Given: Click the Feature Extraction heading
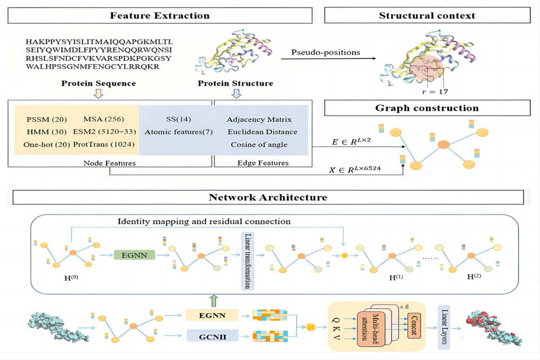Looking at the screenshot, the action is pos(160,16).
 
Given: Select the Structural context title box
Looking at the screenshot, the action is pos(427,16).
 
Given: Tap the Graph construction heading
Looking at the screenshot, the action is pos(427,108).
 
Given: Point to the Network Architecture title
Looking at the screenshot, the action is pos(268,198).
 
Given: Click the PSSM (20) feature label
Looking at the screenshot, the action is pos(46,119).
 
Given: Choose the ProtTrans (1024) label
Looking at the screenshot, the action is pos(104,144).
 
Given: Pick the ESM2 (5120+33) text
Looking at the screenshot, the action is pos(104,132).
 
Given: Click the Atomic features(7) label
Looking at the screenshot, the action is pos(179,132).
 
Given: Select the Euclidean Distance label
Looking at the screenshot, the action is pos(262,132).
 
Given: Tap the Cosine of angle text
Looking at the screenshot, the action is pos(259,144).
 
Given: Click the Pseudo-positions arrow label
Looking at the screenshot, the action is pos(326,53).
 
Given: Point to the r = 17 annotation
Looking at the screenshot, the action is pos(435,91).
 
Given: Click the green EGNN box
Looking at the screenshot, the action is pos(135,255).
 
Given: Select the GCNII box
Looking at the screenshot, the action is pos(213,336).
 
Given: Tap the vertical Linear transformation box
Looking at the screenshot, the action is pos(247,261).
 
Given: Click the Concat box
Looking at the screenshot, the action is pos(414,325).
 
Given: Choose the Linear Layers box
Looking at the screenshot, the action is pos(444,327).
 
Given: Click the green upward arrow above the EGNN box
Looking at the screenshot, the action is pos(214,301).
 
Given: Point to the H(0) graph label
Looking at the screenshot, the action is pos(71,278).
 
